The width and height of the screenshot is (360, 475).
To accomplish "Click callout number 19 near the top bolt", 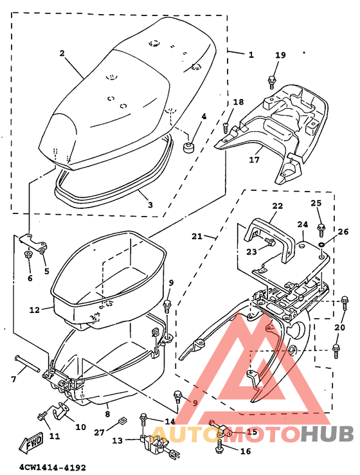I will point(280,55).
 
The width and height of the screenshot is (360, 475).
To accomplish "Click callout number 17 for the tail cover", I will point(254,159).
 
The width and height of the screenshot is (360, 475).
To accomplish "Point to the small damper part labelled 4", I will point(189,148).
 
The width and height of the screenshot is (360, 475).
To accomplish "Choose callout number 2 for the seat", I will point(62,54).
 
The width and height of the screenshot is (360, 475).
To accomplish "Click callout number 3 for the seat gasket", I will point(149,205).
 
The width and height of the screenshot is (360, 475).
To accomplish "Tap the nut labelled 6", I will point(28,256).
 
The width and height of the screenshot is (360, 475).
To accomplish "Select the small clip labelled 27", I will point(122,421).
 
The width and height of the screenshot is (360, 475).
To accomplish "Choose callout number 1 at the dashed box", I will point(251,55).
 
